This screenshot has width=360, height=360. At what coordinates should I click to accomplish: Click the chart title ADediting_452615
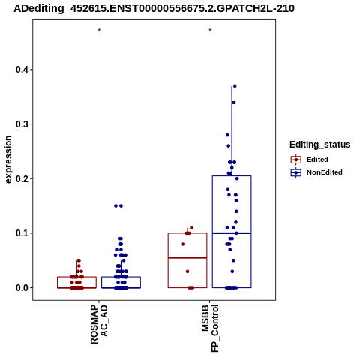click(154, 9)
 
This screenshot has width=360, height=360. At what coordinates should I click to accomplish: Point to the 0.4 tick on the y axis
click(31, 70)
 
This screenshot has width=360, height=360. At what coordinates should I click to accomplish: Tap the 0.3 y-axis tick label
click(22, 124)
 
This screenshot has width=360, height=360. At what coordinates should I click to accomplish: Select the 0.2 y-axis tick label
click(22, 178)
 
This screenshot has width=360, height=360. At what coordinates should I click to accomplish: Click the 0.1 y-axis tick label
click(22, 233)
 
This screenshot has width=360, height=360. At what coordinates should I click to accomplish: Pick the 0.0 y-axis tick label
click(22, 288)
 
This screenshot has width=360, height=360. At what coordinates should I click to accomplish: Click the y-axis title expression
click(8, 160)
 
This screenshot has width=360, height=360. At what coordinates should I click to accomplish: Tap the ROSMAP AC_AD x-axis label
click(99, 324)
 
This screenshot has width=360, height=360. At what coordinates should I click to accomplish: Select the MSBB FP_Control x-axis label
click(210, 328)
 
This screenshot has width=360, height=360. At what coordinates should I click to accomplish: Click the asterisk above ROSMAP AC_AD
click(99, 31)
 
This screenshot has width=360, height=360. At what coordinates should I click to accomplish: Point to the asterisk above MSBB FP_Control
click(210, 31)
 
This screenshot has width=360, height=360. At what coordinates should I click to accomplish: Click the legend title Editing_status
click(320, 145)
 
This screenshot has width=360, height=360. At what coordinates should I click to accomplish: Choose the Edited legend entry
click(309, 160)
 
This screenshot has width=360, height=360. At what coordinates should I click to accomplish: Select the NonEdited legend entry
click(316, 172)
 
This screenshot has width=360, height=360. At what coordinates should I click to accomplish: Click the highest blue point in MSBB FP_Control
click(235, 86)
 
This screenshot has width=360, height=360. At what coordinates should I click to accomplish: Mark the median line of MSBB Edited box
click(187, 257)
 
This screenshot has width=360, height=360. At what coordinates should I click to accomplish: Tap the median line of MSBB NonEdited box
click(232, 233)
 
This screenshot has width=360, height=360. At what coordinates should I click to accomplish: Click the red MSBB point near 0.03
click(187, 271)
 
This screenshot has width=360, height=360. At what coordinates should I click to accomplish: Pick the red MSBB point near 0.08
click(183, 244)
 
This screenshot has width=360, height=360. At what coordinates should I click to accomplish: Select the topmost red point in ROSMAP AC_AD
click(79, 260)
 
